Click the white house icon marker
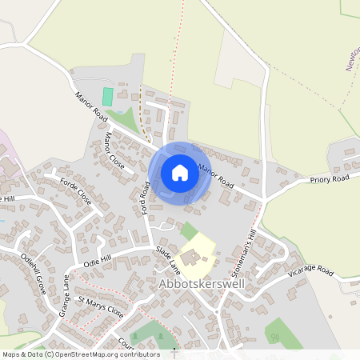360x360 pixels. point(180,173)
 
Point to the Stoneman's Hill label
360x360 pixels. point(242,249)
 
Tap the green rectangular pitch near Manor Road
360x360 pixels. point(107,96)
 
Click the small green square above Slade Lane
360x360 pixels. point(188,230)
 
